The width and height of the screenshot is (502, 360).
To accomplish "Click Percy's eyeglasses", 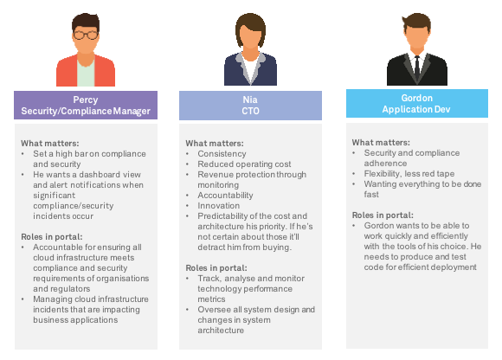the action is point(86,35).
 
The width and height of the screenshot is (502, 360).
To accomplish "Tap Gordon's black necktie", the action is point(417,68).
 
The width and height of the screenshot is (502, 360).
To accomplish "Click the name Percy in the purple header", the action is point(86,100).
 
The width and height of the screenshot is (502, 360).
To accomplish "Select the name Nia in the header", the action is point(250,100).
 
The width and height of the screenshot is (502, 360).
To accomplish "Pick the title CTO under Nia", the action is point(250,111).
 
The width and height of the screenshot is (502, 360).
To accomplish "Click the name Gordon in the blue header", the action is point(417,98).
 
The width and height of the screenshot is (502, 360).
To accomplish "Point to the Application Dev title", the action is point(416,109).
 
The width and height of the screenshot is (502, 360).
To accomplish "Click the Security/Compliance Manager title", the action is point(86,111).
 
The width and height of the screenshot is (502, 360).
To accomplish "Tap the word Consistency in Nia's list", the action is point(222,154).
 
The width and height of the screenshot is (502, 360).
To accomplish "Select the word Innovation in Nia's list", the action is point(219,206).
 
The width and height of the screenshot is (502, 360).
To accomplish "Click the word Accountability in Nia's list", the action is point(225,196).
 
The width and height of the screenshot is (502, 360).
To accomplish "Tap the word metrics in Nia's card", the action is point(211,299).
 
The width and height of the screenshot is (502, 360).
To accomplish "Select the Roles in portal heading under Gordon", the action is point(383,215).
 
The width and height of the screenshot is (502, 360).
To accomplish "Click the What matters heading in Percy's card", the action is point(50,144).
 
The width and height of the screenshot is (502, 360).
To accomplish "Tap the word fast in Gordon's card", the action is point(371,195).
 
